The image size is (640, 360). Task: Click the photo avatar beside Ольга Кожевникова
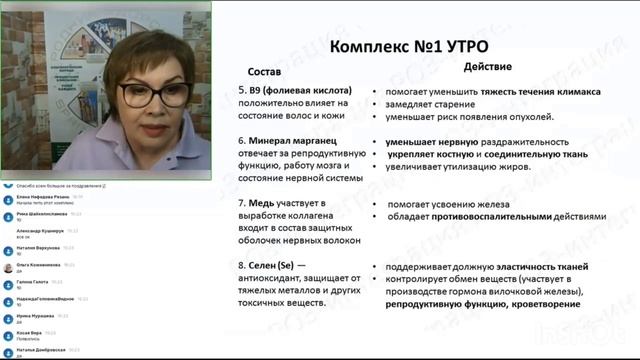(x=8, y=268)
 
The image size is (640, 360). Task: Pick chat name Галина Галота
(x=34, y=282)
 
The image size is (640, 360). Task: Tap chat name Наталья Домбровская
(x=44, y=350)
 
